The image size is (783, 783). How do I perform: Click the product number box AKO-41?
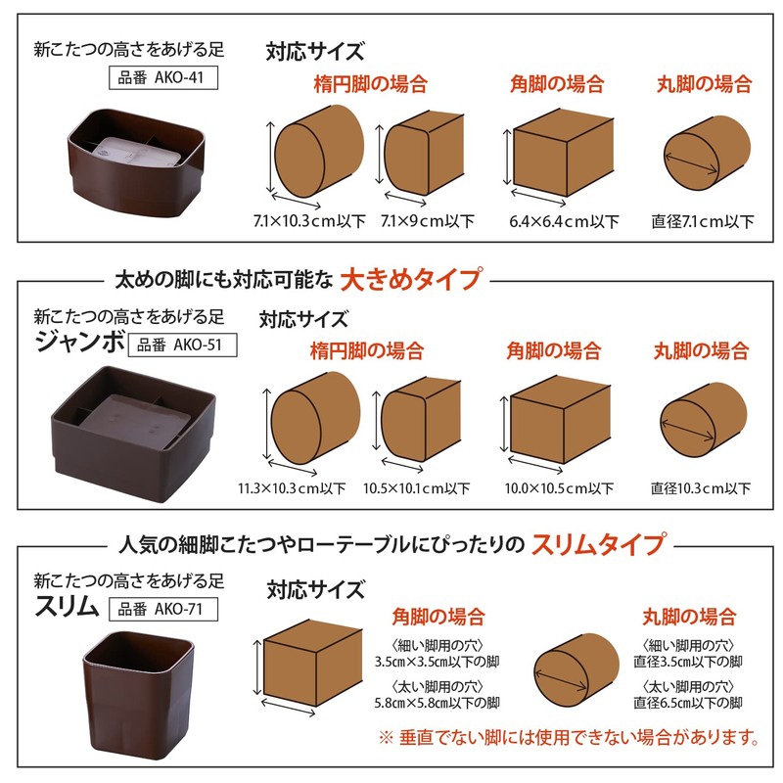(x=161, y=78)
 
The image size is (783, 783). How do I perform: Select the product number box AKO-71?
(x=162, y=608)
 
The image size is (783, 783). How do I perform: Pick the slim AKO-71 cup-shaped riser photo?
(x=134, y=684)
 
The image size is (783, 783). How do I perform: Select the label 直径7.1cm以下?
(x=703, y=221)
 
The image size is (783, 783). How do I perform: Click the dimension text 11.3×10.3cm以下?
(x=292, y=487)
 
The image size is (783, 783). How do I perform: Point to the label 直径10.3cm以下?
(x=701, y=487)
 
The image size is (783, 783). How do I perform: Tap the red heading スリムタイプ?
(x=598, y=543)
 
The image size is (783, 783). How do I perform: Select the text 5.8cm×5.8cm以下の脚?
(x=438, y=703)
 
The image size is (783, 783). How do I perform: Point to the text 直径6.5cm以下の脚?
(x=687, y=703)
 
